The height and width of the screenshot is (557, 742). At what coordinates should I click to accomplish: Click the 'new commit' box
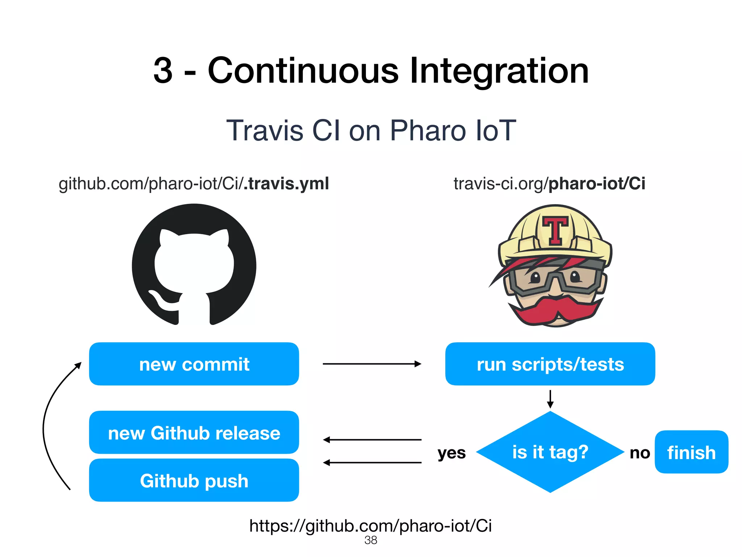click(194, 364)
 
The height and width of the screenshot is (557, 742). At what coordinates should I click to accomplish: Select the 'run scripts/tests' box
click(550, 364)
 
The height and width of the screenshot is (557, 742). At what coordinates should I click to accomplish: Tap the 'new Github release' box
click(194, 432)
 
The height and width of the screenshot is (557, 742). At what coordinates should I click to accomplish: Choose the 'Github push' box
click(194, 480)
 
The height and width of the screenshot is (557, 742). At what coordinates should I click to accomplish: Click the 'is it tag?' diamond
click(550, 452)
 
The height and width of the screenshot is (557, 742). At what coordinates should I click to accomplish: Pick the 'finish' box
click(691, 452)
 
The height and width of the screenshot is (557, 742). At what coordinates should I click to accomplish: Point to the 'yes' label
click(451, 453)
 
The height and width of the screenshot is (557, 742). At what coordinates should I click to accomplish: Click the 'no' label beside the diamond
click(640, 453)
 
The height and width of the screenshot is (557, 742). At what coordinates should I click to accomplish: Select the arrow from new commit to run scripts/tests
click(372, 364)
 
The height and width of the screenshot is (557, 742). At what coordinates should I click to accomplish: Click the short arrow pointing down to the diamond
click(550, 399)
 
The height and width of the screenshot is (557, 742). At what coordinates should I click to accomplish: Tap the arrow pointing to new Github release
click(372, 440)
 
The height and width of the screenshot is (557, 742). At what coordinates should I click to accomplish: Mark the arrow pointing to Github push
click(372, 462)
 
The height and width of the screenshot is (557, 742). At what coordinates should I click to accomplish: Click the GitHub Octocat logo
click(194, 265)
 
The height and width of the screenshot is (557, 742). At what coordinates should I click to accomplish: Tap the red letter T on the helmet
click(555, 230)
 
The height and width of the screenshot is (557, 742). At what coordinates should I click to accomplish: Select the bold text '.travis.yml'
click(286, 183)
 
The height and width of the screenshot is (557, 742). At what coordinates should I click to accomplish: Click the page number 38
click(371, 540)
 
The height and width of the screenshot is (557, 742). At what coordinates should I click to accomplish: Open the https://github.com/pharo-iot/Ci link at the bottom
click(371, 525)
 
